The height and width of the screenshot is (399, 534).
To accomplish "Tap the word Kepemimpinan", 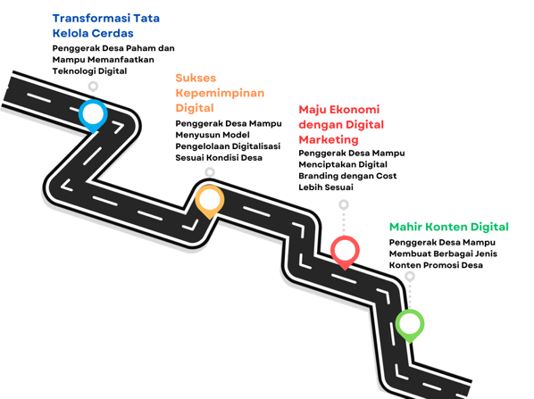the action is (220, 95).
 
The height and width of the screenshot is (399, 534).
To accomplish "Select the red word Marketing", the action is (329, 140).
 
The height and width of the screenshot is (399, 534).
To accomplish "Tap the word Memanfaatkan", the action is (121, 60).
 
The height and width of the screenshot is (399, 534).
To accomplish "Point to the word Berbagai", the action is (452, 254).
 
